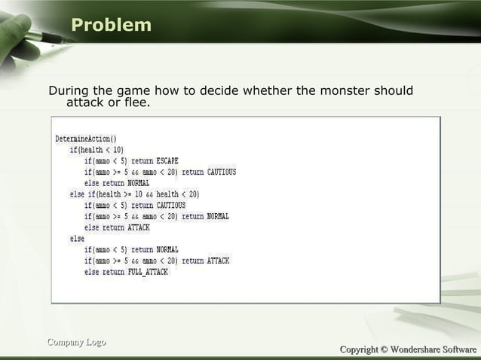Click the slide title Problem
(111, 26)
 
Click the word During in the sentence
(70, 91)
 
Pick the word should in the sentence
(392, 91)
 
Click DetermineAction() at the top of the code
(85, 139)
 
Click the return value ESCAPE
(167, 161)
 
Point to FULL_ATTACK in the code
(148, 272)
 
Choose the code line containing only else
(77, 239)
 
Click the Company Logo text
(76, 343)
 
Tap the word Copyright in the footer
(358, 349)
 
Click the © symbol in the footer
(383, 349)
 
